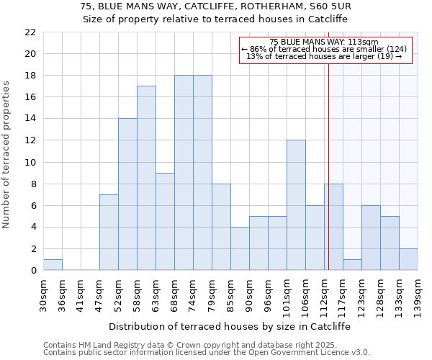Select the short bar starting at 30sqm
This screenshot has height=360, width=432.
pos(53,265)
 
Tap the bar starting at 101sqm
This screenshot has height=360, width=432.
pos(296,205)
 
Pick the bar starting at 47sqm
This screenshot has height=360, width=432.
pos(109,233)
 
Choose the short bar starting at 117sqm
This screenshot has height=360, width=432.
pos(352,265)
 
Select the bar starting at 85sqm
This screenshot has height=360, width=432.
pos(240,248)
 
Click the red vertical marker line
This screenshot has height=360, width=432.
pos(328,166)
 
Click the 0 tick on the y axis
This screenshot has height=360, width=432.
pos(33,271)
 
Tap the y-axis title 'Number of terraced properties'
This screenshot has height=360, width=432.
pos(7,155)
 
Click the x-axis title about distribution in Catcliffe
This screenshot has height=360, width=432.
pos(230,326)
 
